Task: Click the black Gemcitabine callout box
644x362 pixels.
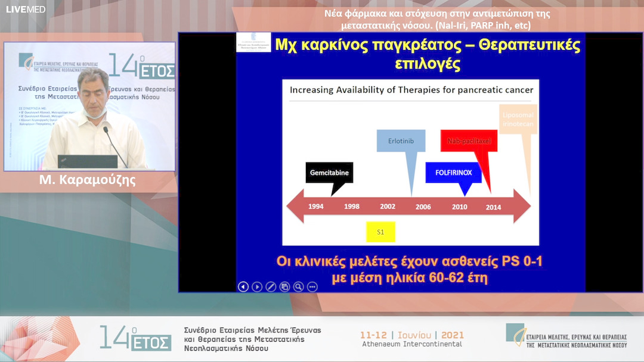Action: click(329, 173)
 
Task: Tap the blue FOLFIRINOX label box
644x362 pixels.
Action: click(453, 172)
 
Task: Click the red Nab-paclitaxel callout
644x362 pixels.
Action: click(468, 141)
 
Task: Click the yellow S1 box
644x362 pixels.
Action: click(380, 232)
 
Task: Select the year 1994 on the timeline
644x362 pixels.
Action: click(316, 207)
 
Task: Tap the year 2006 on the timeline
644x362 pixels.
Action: click(423, 207)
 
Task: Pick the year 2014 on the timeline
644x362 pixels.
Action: click(493, 207)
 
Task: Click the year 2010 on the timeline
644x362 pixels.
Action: click(459, 207)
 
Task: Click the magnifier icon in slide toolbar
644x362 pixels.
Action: click(298, 286)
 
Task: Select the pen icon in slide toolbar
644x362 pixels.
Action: click(271, 286)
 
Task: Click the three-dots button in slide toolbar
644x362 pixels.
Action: click(312, 286)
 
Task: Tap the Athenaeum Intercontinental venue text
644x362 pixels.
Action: click(411, 344)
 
